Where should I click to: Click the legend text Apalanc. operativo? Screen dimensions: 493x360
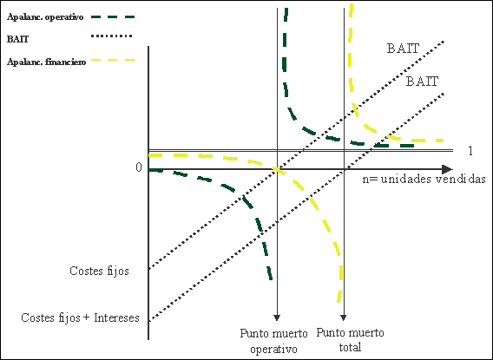[45, 17]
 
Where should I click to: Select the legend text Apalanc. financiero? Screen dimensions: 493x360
[47, 62]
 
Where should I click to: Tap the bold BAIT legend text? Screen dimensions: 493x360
[18, 39]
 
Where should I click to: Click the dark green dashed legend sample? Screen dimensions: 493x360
[113, 17]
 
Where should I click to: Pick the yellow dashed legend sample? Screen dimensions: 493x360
[113, 60]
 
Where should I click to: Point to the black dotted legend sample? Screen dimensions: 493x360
[112, 36]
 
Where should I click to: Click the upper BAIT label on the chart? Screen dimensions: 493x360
[403, 49]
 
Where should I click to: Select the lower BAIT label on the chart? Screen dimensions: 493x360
[422, 82]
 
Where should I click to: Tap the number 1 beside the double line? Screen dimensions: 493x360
[470, 151]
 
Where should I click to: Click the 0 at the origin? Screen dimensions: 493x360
[139, 167]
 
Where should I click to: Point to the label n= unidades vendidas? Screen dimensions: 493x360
[424, 179]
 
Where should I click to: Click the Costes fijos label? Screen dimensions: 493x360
[99, 271]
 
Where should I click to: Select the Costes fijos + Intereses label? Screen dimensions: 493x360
[80, 317]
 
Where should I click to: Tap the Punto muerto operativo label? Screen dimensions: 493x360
[274, 341]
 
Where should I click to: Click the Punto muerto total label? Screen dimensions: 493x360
[351, 340]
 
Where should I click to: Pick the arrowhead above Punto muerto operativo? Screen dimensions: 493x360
[277, 317]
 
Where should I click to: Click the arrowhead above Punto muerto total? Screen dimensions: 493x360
[344, 317]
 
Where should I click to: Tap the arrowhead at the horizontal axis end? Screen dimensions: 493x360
[447, 169]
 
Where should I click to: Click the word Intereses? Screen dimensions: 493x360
[116, 317]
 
